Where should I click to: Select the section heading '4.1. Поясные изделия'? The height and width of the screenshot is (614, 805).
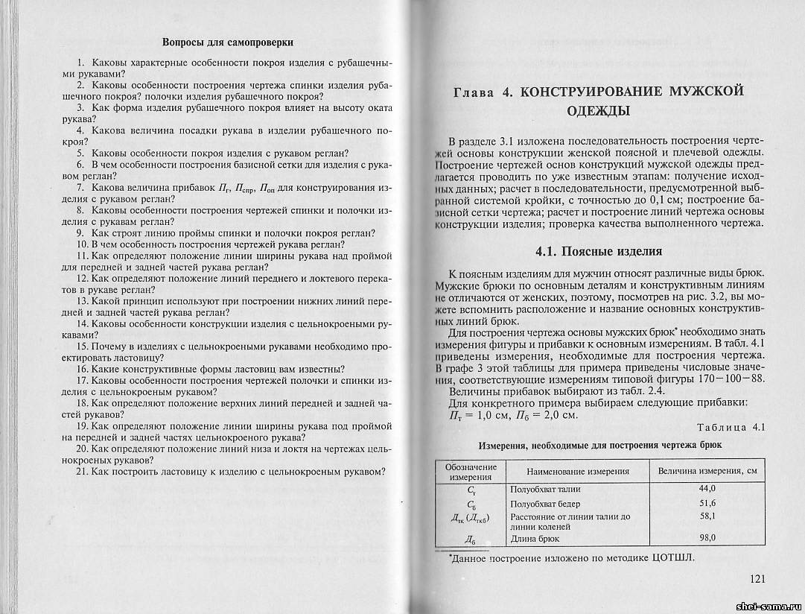[599, 251]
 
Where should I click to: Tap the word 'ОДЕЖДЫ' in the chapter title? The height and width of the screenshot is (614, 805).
[599, 112]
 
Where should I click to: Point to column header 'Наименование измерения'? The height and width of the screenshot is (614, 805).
[578, 471]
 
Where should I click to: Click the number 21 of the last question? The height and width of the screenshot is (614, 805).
[82, 471]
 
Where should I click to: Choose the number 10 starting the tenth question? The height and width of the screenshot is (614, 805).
[82, 244]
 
